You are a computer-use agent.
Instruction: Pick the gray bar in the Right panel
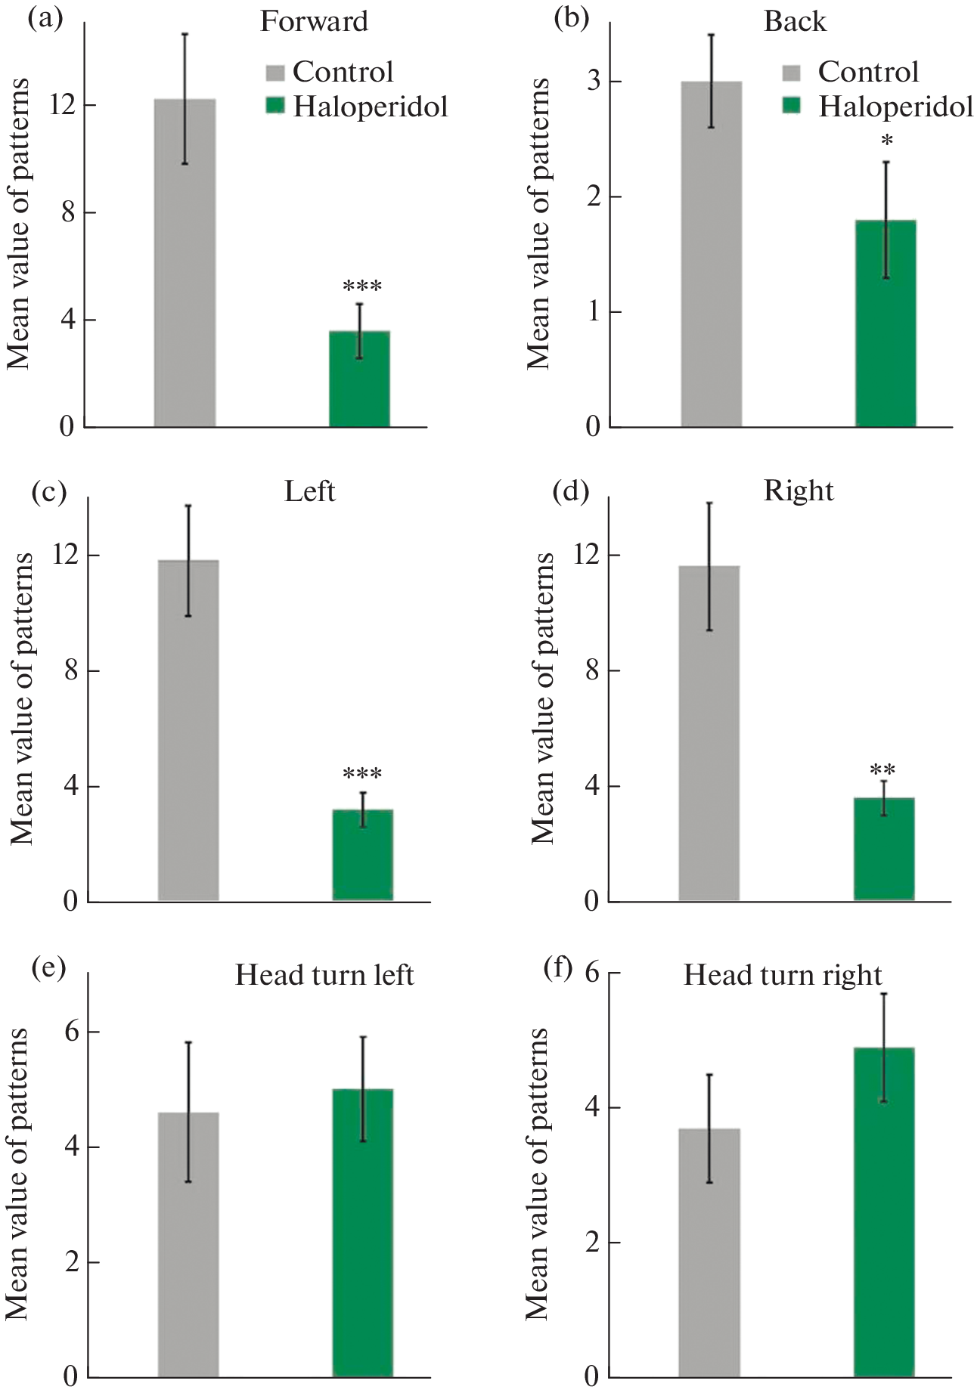pos(709,733)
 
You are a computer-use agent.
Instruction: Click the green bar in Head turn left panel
pos(362,1232)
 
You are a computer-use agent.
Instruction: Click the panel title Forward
pos(314,21)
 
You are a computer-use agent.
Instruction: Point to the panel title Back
pos(795,21)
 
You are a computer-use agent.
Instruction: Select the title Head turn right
pos(783,975)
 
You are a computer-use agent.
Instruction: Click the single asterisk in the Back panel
pos(887,141)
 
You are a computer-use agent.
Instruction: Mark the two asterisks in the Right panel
pos(882,771)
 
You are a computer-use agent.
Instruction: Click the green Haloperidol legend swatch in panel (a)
pos(275,105)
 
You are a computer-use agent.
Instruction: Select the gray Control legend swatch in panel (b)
pos(791,73)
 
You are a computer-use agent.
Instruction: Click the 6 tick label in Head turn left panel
pos(72,1031)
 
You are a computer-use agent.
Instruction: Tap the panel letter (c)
pos(49,491)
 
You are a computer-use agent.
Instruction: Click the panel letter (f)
pos(559,967)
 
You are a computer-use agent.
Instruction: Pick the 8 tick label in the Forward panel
pos(68,212)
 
